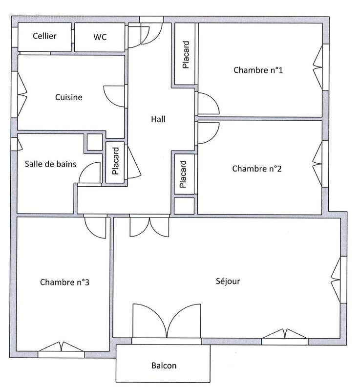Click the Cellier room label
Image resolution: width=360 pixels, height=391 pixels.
(44, 36)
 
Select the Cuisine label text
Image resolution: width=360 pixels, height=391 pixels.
(68, 97)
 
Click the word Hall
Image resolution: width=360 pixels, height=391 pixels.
(158, 119)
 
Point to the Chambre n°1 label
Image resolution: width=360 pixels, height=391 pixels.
(258, 70)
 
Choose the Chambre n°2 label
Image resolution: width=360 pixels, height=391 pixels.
(257, 169)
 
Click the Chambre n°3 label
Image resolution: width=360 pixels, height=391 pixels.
(64, 282)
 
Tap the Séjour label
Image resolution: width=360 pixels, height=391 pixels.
(228, 282)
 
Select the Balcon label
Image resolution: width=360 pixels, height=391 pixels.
(164, 366)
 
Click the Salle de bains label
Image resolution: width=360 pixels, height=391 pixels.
(50, 164)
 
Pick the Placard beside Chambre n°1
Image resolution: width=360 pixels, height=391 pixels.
(185, 54)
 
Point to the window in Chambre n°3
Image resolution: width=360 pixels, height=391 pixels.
(61, 348)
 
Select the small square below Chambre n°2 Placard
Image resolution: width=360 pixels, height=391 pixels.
(184, 206)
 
